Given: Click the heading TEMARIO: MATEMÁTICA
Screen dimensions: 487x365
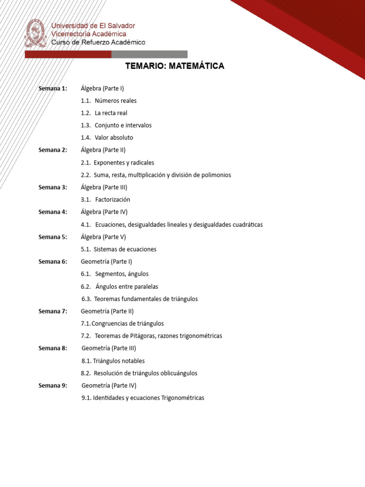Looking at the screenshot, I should pyautogui.click(x=174, y=66).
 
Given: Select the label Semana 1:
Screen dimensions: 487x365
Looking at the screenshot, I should pyautogui.click(x=53, y=88).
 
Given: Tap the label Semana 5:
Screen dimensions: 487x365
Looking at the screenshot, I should pyautogui.click(x=53, y=237).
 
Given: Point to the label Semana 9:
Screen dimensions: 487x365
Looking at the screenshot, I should pyautogui.click(x=53, y=385).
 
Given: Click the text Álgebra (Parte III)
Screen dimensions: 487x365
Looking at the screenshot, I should pyautogui.click(x=104, y=187).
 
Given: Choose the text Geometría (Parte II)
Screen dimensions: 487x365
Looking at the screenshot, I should pyautogui.click(x=107, y=311).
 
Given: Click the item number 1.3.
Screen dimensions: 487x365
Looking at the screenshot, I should pyautogui.click(x=86, y=126).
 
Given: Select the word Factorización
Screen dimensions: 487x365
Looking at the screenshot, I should pyautogui.click(x=113, y=200).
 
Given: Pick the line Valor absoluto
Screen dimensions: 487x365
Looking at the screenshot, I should pyautogui.click(x=114, y=138).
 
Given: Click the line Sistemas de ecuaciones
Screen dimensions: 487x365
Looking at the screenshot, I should pyautogui.click(x=125, y=249).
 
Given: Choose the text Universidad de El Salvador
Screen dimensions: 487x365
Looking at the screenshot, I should pyautogui.click(x=93, y=26).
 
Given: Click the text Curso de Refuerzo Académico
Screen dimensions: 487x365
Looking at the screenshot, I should pyautogui.click(x=98, y=42).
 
